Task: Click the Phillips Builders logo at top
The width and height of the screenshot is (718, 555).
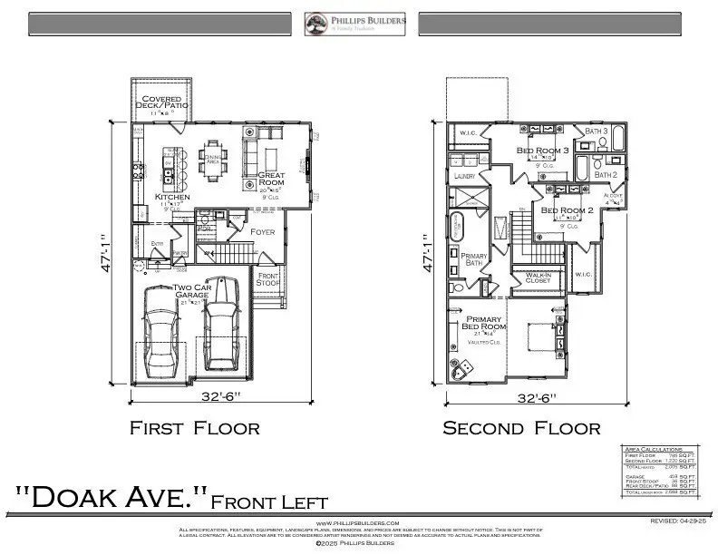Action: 354,23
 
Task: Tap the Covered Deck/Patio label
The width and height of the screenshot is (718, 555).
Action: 160,102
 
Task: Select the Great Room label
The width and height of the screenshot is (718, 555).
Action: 271,179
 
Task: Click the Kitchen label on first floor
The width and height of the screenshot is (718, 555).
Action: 172,197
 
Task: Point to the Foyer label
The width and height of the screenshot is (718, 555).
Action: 263,232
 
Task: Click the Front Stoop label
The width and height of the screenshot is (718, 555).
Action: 269,279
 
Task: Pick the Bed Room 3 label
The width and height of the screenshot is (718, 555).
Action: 542,150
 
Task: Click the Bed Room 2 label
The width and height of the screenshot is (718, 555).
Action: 567,210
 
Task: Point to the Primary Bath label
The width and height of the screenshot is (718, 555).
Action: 475,260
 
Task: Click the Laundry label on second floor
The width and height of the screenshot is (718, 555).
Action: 465,175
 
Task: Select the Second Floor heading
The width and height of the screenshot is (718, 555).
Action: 520,428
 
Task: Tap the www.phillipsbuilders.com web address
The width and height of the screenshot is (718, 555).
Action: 357,523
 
